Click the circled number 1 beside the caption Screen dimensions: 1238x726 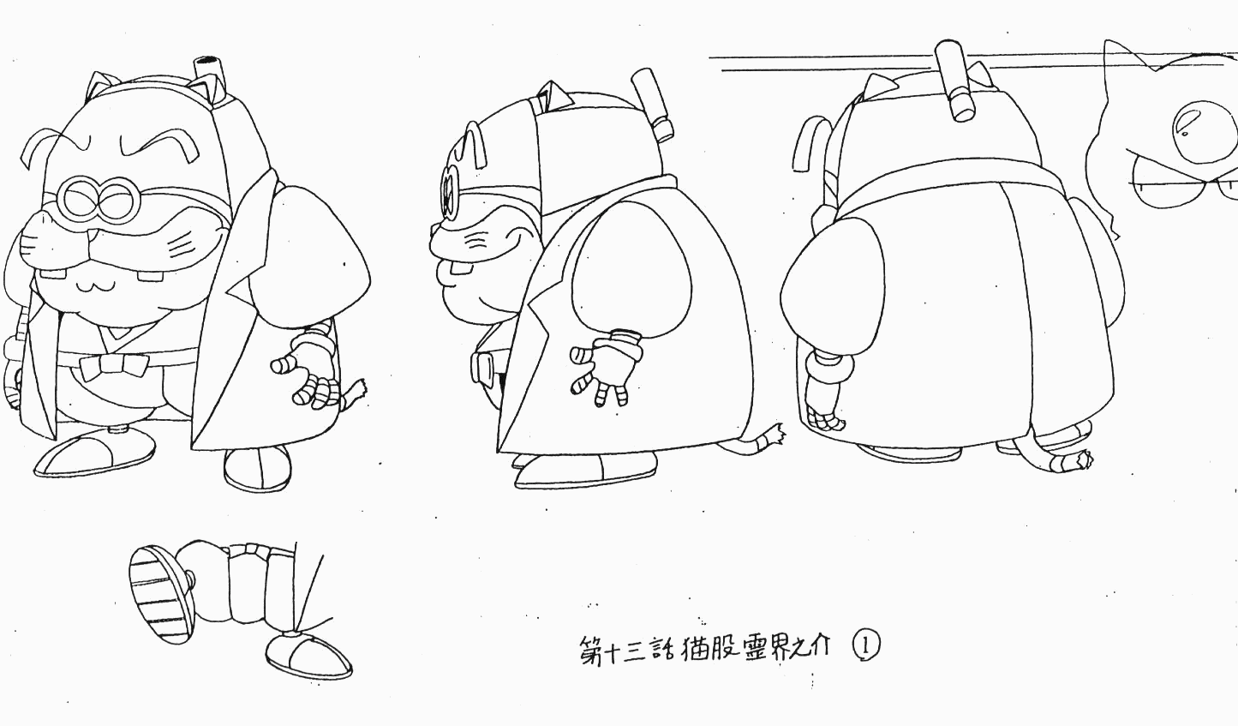(x=866, y=645)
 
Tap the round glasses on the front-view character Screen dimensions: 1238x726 (x=99, y=200)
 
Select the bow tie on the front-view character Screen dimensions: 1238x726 (x=113, y=367)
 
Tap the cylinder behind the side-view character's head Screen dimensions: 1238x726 (x=653, y=104)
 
